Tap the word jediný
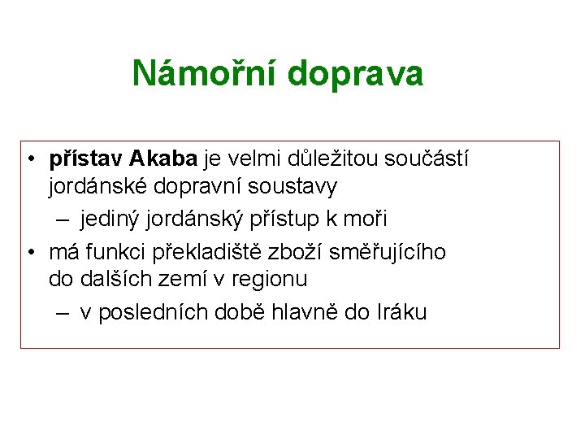pyautogui.click(x=110, y=219)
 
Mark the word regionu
pyautogui.click(x=270, y=280)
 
